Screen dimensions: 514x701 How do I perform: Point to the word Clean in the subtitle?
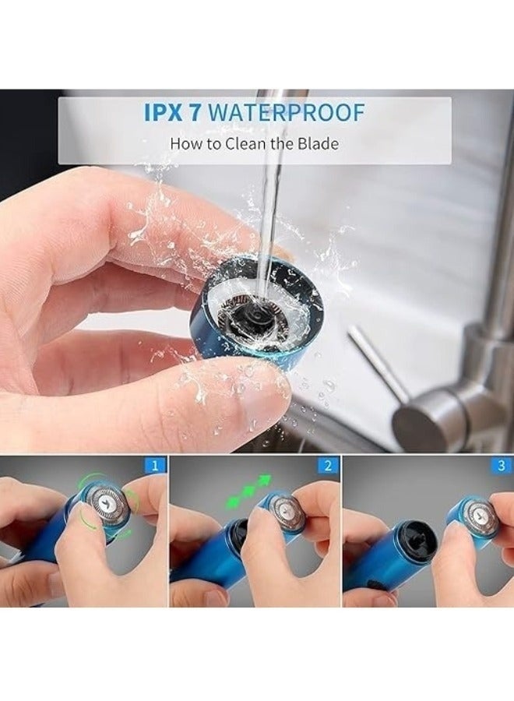pyautogui.click(x=243, y=144)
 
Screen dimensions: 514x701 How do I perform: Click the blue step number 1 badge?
pyautogui.click(x=155, y=466)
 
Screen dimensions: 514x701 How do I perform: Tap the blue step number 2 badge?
pyautogui.click(x=328, y=466)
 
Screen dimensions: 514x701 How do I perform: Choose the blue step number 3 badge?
pyautogui.click(x=502, y=466)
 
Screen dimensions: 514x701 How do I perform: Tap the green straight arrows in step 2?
pyautogui.click(x=249, y=492)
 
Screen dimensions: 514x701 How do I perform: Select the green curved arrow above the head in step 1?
pyautogui.click(x=92, y=483)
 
